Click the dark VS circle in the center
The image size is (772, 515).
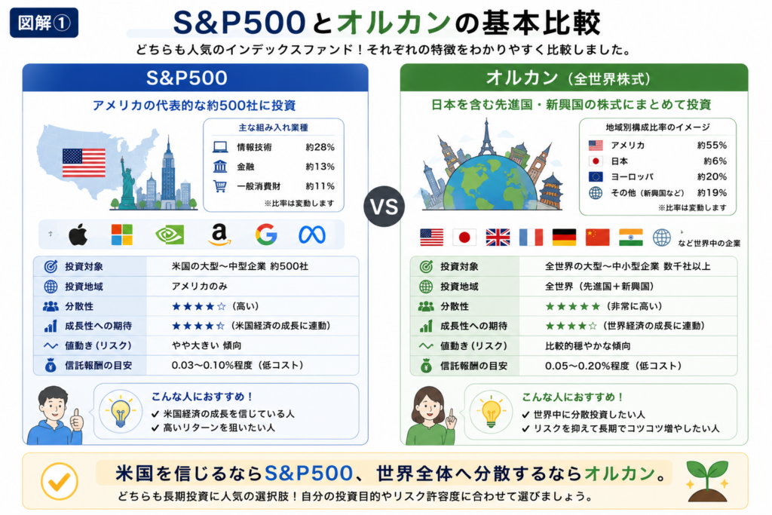(x=384, y=207)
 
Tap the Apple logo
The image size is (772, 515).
(x=78, y=235)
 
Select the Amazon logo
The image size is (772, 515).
(x=219, y=235)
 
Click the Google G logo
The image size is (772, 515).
(x=266, y=235)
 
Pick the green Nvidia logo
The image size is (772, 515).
(x=170, y=235)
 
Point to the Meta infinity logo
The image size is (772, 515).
(x=312, y=235)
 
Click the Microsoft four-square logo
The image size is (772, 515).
(x=121, y=235)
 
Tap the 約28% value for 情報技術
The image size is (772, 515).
(x=320, y=147)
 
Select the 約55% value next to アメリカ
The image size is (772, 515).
(x=712, y=146)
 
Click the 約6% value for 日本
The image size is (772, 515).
(x=715, y=161)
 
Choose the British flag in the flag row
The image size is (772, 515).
(x=498, y=238)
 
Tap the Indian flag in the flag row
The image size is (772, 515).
(x=631, y=238)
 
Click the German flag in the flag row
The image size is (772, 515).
(x=564, y=238)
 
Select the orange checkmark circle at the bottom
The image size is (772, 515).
(x=59, y=481)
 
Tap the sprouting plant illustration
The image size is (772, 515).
(x=707, y=481)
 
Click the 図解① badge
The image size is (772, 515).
(x=44, y=23)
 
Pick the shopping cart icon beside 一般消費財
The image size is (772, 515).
(x=220, y=186)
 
